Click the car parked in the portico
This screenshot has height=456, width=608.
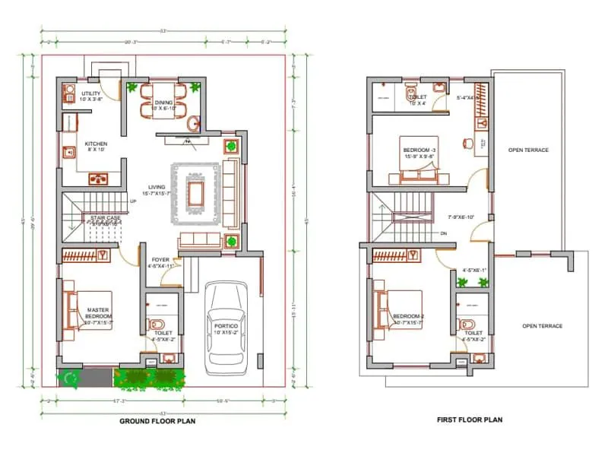(226, 328)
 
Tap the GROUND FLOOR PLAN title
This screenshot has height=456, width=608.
(157, 421)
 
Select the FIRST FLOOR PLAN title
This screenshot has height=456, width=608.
(469, 420)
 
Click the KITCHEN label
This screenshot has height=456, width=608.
(96, 144)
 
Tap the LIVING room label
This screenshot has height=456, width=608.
(158, 187)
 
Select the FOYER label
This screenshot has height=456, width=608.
(160, 260)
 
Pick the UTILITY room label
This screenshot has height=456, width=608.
(90, 94)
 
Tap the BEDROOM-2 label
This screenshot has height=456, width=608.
(408, 316)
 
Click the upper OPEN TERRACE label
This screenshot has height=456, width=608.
(528, 150)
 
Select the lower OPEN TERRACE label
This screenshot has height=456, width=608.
(542, 326)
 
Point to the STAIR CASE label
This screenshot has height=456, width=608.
(101, 217)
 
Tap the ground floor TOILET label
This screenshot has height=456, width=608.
(162, 333)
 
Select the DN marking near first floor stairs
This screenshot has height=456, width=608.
(443, 233)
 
